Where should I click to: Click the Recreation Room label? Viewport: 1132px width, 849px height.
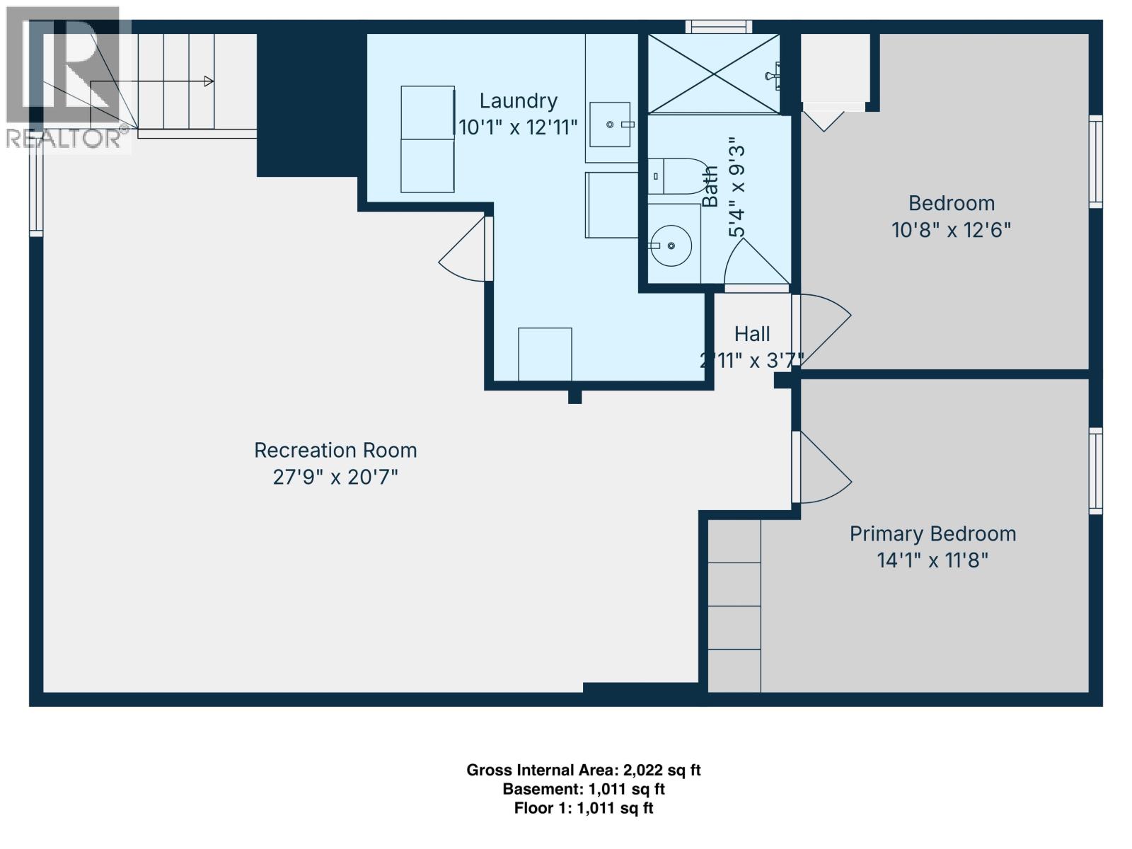[x=335, y=450]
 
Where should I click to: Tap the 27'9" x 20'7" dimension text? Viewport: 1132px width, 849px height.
[x=335, y=477]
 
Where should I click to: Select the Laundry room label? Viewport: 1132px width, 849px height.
[x=518, y=100]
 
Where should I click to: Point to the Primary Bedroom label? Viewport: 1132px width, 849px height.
[x=932, y=533]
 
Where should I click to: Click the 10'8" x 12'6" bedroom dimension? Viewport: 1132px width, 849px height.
[x=951, y=230]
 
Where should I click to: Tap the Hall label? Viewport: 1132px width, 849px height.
[x=751, y=333]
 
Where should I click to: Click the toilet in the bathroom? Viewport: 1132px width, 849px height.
[x=676, y=176]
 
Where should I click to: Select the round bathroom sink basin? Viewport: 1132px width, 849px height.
[x=671, y=246]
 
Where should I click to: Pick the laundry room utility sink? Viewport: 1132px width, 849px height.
[x=610, y=125]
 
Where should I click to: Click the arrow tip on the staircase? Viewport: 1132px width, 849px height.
[x=209, y=81]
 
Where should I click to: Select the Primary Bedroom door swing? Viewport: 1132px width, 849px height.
[x=824, y=470]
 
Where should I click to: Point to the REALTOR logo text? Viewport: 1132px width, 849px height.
[x=64, y=139]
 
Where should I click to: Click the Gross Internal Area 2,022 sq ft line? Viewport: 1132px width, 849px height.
[x=583, y=770]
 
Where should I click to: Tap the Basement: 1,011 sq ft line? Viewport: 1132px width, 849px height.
[x=583, y=789]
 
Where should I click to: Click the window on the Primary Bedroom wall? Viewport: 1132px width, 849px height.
[x=1095, y=470]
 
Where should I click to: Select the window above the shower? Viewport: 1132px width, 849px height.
[x=719, y=27]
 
